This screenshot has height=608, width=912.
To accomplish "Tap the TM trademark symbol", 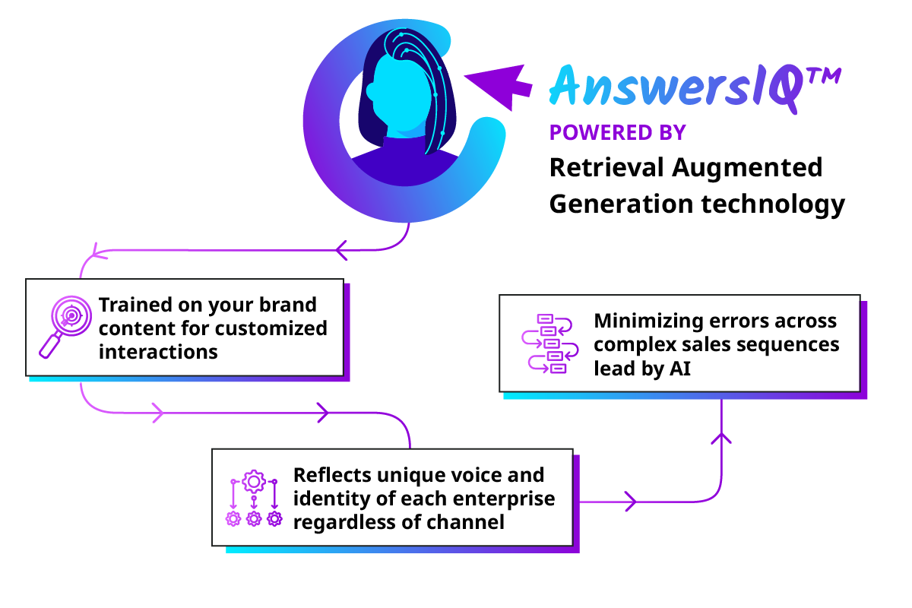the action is point(825,77).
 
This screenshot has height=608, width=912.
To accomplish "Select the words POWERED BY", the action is point(618,133).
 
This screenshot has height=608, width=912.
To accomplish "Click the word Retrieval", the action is point(606,167).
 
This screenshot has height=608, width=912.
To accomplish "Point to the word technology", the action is point(773,204).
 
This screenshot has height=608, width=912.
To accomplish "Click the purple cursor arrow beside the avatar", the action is point(499,87).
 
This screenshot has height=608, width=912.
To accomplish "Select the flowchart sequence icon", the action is point(550,344).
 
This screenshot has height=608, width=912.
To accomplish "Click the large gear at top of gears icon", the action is point(254,482).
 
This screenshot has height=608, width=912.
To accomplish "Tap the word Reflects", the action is point(332,475).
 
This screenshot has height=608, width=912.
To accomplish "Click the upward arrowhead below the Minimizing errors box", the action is point(721,439).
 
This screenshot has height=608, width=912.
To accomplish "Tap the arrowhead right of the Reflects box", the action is point(631,502).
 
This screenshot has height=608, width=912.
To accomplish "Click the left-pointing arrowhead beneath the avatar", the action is point(341,250).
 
